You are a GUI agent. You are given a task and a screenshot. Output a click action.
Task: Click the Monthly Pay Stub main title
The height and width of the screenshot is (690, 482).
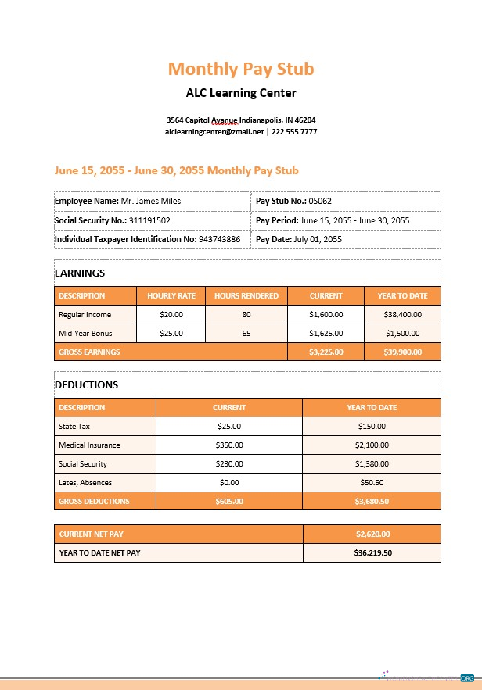coord(241,69)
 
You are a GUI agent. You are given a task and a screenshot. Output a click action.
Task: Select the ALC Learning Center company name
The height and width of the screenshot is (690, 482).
coord(241,93)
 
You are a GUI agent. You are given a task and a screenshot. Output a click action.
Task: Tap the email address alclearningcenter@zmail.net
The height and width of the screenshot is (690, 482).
coord(214,132)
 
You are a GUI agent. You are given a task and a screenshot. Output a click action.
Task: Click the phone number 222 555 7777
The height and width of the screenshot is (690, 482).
coord(294,132)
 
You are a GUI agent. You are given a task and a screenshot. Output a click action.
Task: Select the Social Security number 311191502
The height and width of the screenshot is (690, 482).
coord(149,220)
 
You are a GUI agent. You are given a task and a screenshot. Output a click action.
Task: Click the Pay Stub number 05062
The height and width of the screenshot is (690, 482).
coord(320,201)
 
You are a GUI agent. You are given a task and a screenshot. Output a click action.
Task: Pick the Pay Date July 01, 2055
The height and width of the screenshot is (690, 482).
coord(318,239)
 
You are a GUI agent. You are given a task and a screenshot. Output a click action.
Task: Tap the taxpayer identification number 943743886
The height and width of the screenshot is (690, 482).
coord(219,239)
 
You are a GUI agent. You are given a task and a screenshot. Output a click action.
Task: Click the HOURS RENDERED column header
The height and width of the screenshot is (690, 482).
coord(246,296)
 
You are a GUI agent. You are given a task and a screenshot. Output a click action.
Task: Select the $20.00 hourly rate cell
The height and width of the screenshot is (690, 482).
coord(171,315)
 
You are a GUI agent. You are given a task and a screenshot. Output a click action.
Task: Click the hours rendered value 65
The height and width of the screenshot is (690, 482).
coord(246,334)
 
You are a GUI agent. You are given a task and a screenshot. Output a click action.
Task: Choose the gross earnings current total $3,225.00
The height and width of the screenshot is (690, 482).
coord(326,352)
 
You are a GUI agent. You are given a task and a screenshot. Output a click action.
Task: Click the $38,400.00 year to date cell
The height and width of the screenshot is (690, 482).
coord(402,315)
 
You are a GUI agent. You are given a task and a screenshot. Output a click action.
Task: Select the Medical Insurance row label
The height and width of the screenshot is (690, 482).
coord(89,445)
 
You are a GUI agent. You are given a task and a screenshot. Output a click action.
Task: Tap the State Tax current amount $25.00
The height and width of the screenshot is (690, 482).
coord(229,427)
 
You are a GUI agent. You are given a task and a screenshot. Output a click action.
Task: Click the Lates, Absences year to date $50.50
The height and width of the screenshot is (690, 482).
coord(372,483)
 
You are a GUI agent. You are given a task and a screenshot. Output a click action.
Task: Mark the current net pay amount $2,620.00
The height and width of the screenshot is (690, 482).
coord(372,534)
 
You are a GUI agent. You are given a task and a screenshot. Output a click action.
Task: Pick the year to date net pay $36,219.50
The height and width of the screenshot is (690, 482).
coord(372,553)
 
